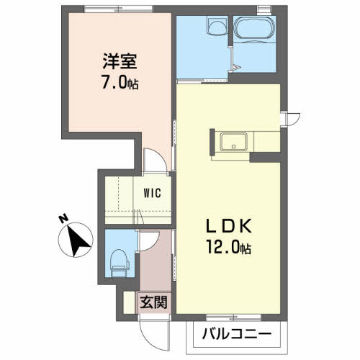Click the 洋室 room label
(x=120, y=61)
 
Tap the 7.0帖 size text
(x=120, y=81)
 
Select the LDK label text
(x=229, y=225)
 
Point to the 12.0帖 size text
(x=229, y=247)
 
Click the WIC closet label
(x=152, y=193)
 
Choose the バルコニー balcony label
(x=237, y=334)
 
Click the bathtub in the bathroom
(x=254, y=29)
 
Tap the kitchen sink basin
(x=234, y=142)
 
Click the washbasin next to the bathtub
(x=217, y=26)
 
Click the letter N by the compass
(x=63, y=219)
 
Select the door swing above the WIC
(x=155, y=161)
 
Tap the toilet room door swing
(x=149, y=241)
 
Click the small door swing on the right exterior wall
(x=291, y=120)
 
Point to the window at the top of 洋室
(x=119, y=9)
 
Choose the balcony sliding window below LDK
(x=233, y=318)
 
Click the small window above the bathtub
(x=264, y=9)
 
